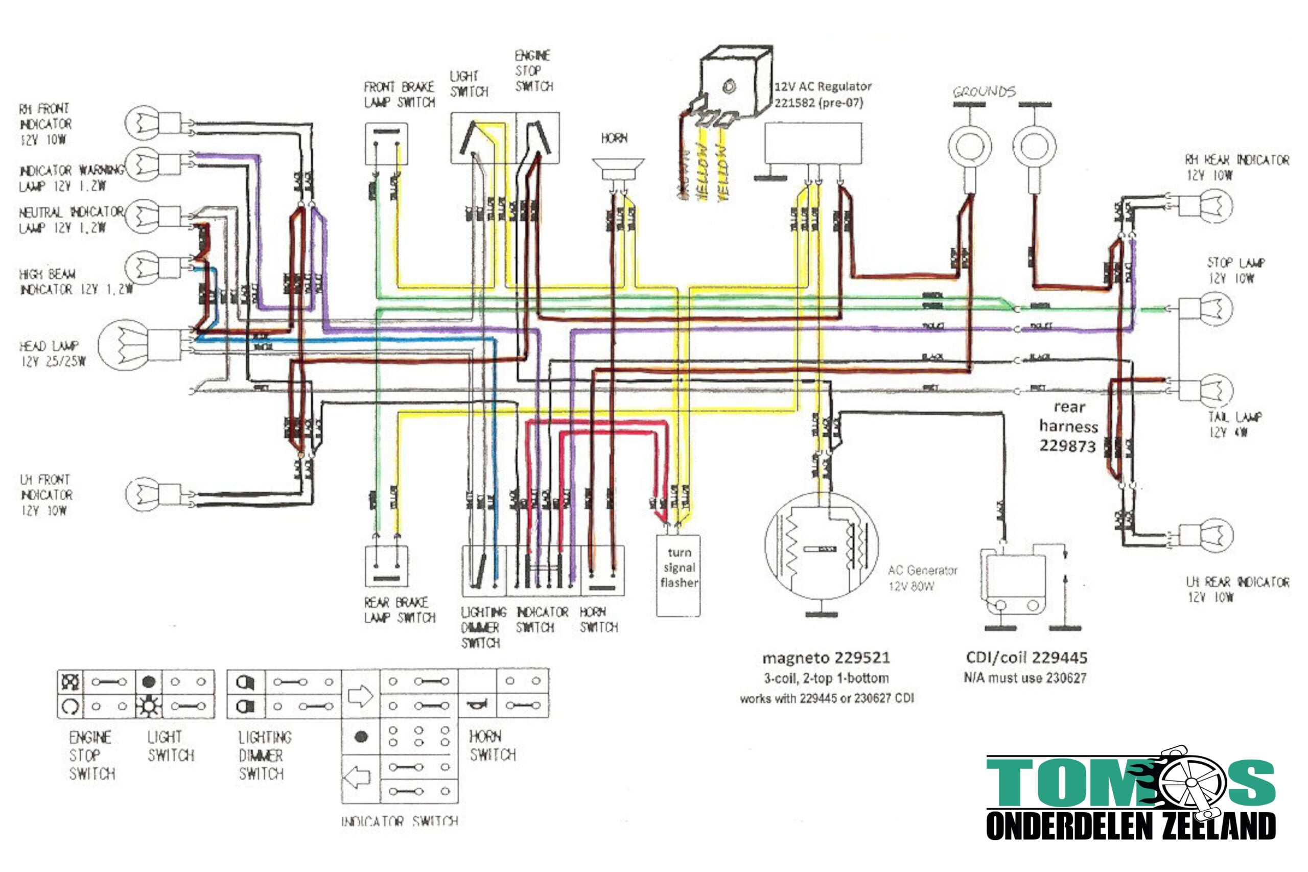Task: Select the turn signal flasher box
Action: pyautogui.click(x=678, y=576)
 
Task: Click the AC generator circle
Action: pyautogui.click(x=822, y=545)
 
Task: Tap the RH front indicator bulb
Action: pyautogui.click(x=143, y=123)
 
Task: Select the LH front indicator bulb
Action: pyautogui.click(x=143, y=493)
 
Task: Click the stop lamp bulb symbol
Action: pyautogui.click(x=1216, y=308)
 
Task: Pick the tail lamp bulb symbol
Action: pyautogui.click(x=1216, y=390)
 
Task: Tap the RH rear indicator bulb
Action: pyautogui.click(x=1216, y=206)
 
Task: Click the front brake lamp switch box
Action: pyautogui.click(x=386, y=144)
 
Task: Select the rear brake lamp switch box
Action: pyautogui.click(x=386, y=565)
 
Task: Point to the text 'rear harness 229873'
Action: pyautogui.click(x=1068, y=427)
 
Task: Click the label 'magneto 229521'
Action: pyautogui.click(x=826, y=658)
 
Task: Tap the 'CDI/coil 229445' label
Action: pyautogui.click(x=1026, y=658)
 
